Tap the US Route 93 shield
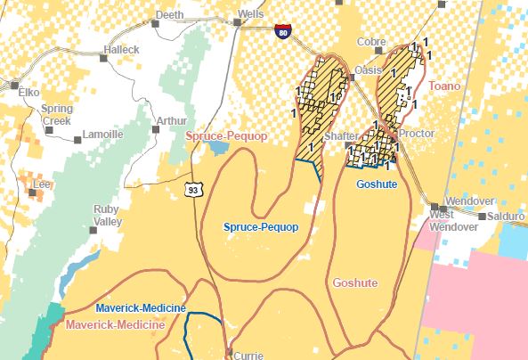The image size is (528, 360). tap(192, 189)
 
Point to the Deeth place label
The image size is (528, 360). tap(169, 15)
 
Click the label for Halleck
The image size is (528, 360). tap(122, 50)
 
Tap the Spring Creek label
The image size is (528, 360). tap(57, 114)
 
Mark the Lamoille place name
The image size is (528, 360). tap(102, 134)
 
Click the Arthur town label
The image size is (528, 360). tap(172, 120)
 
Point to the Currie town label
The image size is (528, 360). tap(248, 355)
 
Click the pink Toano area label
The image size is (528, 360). tap(444, 86)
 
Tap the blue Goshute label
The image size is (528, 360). tap(374, 184)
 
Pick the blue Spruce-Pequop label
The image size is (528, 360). tap(260, 227)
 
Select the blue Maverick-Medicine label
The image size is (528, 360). tap(142, 308)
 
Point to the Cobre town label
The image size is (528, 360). tap(371, 42)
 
